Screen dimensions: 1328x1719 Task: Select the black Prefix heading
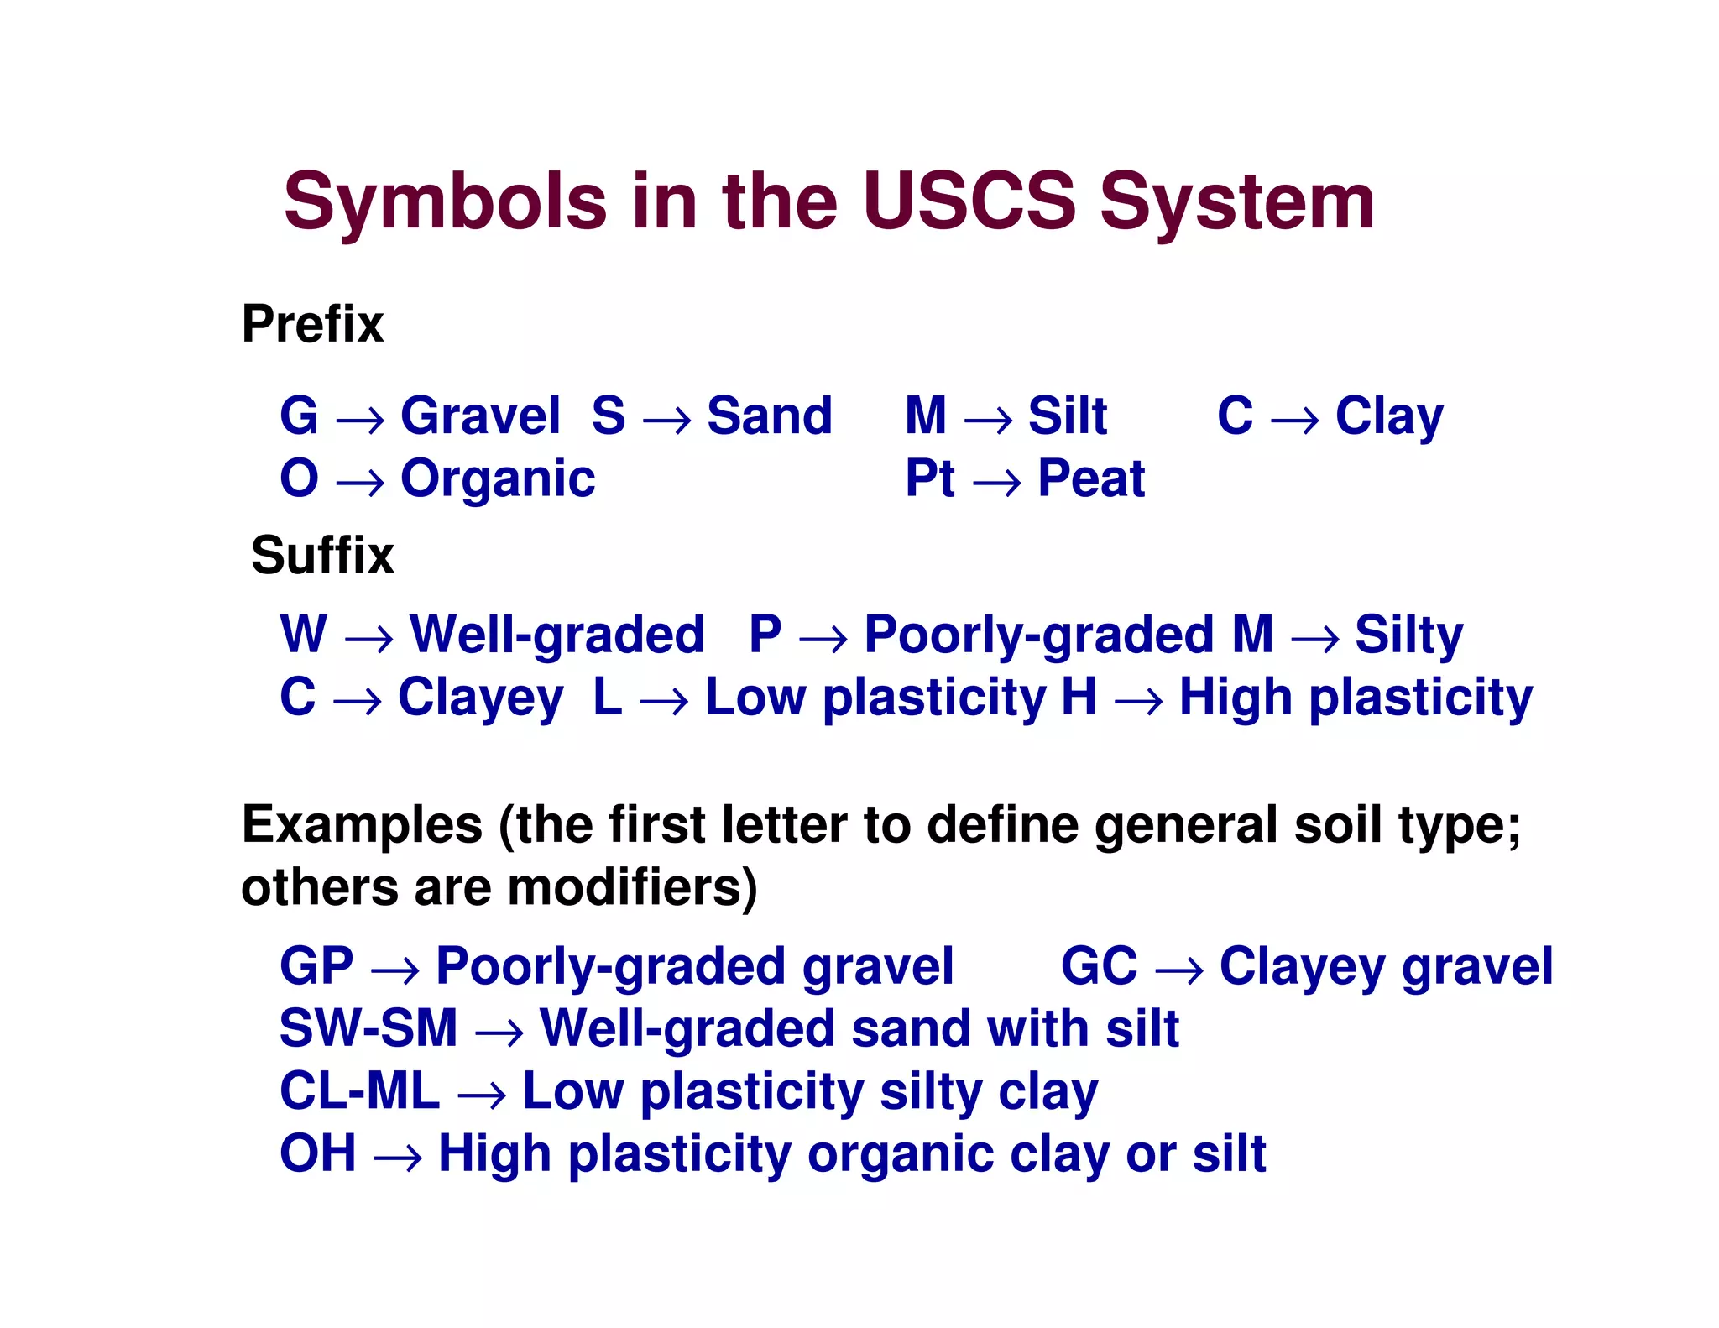[x=312, y=324]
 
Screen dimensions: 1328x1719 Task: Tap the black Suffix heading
[x=322, y=556]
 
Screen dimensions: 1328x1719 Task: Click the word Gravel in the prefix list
[x=480, y=416]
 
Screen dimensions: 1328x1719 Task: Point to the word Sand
[x=769, y=416]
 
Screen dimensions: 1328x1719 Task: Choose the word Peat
[x=1091, y=478]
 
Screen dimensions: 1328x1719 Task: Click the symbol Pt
[x=929, y=478]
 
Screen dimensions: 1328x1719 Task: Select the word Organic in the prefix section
[x=498, y=480]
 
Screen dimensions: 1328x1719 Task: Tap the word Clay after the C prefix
[x=1389, y=417]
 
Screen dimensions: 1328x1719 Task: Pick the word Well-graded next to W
[x=556, y=635]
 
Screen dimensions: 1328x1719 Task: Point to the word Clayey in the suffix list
[x=480, y=698]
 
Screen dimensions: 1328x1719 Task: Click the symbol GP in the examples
[x=316, y=966]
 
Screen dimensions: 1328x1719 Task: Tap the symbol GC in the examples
[x=1099, y=966]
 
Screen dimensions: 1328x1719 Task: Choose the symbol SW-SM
[x=368, y=1028]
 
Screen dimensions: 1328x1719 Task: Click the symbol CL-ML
[x=359, y=1091]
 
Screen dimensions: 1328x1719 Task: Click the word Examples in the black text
[x=362, y=825]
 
